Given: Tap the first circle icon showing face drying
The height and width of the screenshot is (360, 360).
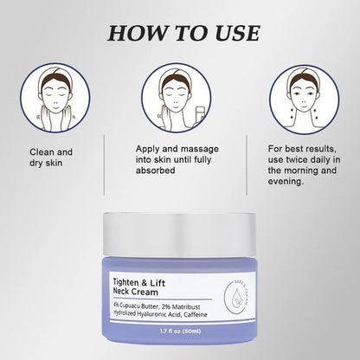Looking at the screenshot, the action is click(55, 98).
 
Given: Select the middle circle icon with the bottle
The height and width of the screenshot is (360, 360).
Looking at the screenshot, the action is click(177, 98).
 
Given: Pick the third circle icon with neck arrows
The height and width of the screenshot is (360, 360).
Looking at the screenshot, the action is click(305, 100).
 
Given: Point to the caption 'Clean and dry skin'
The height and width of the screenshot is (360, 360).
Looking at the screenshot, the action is click(51, 157).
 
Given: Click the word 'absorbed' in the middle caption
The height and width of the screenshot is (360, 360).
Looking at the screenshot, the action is click(156, 170).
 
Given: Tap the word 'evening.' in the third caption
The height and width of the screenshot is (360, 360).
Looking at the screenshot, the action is click(286, 182).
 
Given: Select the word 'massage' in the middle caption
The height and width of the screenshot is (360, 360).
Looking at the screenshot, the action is click(200, 149).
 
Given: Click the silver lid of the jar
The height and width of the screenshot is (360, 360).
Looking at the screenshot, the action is click(179, 235).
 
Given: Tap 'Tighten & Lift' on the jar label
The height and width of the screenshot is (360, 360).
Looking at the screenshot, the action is click(139, 282).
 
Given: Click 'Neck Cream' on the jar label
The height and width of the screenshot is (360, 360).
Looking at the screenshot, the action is click(136, 292).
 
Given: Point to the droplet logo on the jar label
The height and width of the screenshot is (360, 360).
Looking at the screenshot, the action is click(237, 297).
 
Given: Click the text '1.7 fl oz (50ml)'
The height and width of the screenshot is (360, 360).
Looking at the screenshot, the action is click(180, 331).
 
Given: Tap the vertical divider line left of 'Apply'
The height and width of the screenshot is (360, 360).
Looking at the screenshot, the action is click(104, 165).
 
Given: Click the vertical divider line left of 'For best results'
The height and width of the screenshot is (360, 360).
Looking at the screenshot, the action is click(247, 165).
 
